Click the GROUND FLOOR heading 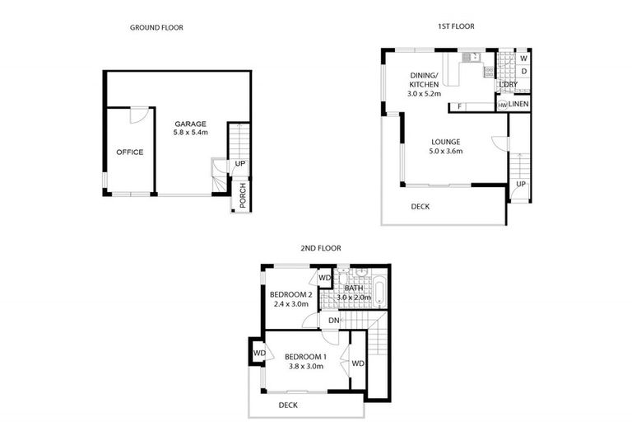click(x=156, y=27)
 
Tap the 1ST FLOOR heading click(x=455, y=26)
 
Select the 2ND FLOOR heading click(x=320, y=247)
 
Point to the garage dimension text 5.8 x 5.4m click(x=190, y=132)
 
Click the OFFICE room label click(x=129, y=152)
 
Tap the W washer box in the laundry click(x=523, y=58)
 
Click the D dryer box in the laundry click(x=523, y=71)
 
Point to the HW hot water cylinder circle click(x=502, y=105)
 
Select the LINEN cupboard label click(x=518, y=102)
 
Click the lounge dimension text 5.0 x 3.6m click(x=445, y=152)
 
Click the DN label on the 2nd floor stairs click(x=334, y=320)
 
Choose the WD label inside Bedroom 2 click(x=324, y=279)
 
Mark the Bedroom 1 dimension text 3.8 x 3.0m click(x=305, y=368)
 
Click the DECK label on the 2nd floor click(x=288, y=405)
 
